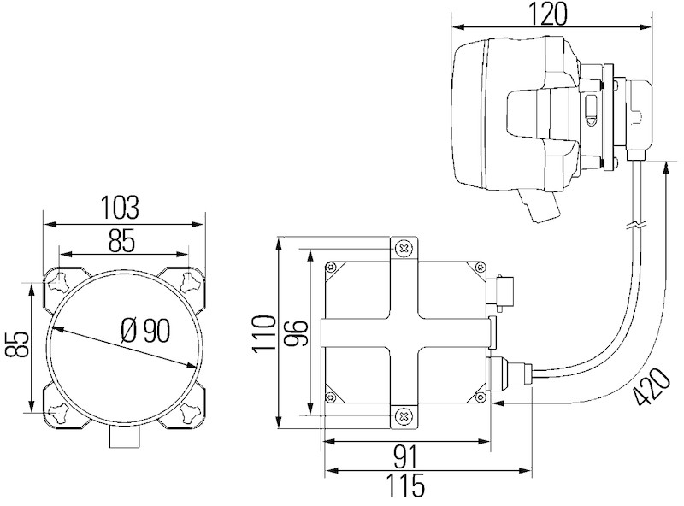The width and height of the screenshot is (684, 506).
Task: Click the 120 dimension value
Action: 548,14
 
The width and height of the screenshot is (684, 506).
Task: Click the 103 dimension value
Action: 120,207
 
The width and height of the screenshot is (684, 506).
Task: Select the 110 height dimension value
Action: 264,332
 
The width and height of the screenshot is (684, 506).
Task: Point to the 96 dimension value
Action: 296,332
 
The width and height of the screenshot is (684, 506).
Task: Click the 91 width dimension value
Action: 405,456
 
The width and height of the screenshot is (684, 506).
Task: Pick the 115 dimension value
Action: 405,485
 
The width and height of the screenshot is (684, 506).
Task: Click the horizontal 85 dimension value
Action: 121,240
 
